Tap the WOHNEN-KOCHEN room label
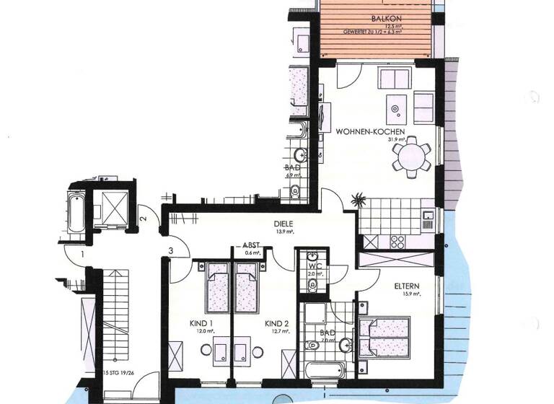coord(370,131)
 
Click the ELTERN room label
coord(408,286)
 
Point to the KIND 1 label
coord(201,322)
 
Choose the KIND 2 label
coord(276,322)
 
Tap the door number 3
coord(170,250)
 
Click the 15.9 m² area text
coord(408,294)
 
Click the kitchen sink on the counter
coord(427,214)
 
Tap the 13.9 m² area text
coord(283,232)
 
